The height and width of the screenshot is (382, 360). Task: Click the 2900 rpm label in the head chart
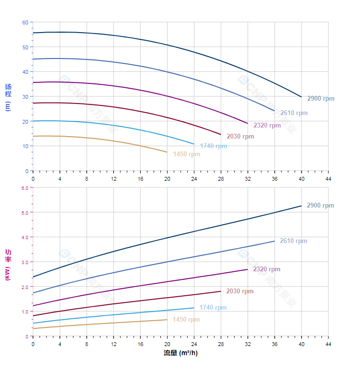(321, 99)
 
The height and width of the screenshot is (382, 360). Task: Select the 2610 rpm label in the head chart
(294, 113)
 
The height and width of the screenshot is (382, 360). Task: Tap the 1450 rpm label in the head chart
(187, 154)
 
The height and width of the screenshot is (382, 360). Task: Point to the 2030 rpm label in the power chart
(240, 291)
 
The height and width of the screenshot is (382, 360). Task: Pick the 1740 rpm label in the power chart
(213, 308)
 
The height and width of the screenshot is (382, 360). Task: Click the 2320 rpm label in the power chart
(267, 269)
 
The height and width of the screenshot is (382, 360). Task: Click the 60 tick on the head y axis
(25, 23)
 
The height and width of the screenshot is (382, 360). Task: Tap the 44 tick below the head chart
(328, 178)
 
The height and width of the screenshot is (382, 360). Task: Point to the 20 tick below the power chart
(167, 344)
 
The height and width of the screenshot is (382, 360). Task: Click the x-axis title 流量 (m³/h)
(180, 353)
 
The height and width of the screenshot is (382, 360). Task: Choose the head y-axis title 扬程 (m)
(8, 97)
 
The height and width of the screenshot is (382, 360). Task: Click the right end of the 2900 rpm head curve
(302, 97)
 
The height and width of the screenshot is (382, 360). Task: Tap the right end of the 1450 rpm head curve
(167, 152)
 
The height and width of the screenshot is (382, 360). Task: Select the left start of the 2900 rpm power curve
(33, 277)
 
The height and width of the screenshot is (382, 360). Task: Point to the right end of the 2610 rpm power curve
(275, 241)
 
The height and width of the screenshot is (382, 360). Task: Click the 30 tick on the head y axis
(25, 97)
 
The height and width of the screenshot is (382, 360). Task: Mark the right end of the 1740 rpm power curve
(194, 308)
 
